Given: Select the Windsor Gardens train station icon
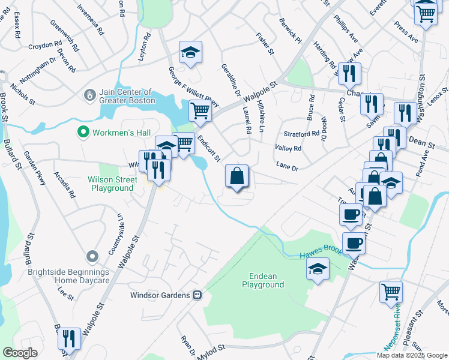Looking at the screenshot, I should [x=196, y=295].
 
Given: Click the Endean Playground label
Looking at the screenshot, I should [x=263, y=280].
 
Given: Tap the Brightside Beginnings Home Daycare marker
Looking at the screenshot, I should [x=91, y=257].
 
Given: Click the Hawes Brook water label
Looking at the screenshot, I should [x=321, y=253].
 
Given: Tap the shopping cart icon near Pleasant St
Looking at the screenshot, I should [x=390, y=292].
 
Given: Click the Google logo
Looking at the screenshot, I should [x=20, y=353].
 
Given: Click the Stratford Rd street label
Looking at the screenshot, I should [x=306, y=133].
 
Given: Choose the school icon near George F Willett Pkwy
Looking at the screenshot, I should [x=190, y=52].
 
